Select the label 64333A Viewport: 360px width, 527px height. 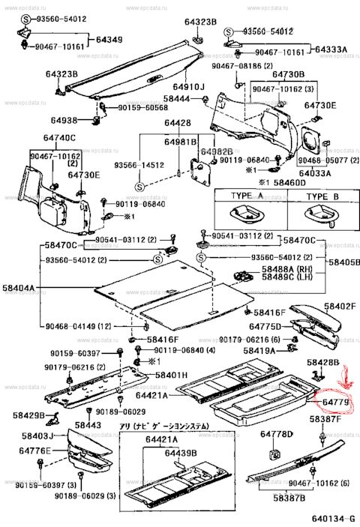coord(331,49)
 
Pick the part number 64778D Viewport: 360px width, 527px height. coord(277,434)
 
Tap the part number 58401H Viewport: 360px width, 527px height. coord(172,374)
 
